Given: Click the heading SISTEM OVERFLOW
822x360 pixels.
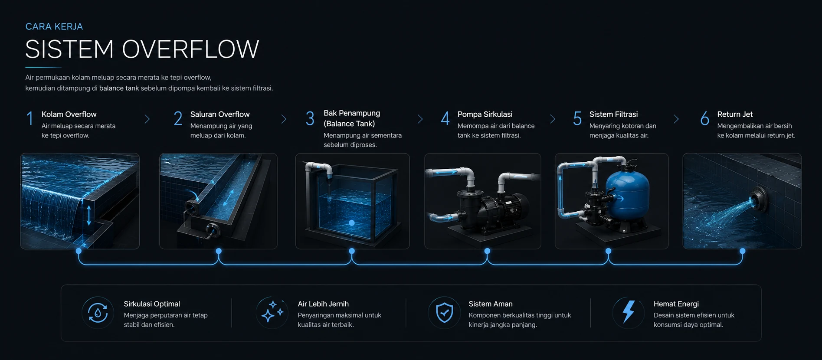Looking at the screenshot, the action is click(x=142, y=49).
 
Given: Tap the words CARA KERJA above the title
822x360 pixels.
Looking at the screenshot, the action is click(x=54, y=26).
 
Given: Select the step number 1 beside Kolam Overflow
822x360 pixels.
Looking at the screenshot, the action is click(x=30, y=118).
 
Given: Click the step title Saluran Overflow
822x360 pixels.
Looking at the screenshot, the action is click(x=220, y=114).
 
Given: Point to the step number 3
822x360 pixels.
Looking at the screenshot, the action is click(x=310, y=118).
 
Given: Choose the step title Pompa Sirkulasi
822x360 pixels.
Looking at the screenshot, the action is click(x=485, y=114).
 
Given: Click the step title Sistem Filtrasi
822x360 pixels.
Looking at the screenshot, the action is click(x=613, y=114).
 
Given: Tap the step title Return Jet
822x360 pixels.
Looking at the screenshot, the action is click(x=735, y=114).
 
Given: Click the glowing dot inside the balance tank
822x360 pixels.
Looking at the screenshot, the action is click(x=352, y=223).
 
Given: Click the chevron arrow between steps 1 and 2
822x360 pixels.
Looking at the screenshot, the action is click(x=147, y=119).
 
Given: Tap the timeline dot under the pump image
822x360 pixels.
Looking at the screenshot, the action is click(x=487, y=251).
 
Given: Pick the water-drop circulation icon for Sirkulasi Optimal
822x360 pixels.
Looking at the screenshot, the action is click(x=98, y=313).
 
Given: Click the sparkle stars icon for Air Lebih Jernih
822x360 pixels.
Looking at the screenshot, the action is click(x=272, y=312).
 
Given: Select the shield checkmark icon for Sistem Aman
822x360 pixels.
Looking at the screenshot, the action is click(x=445, y=313).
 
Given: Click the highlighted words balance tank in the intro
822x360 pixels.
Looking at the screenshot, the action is click(x=119, y=88).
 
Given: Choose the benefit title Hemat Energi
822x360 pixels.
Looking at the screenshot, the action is click(x=676, y=304).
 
